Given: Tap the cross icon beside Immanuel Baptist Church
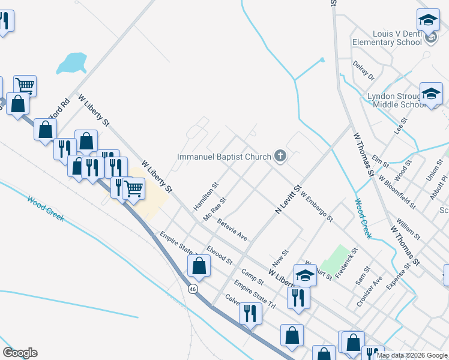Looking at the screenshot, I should coord(280,157).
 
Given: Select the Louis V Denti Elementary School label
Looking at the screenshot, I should coord(387,38).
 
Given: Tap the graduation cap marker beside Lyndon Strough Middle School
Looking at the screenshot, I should coord(431,94).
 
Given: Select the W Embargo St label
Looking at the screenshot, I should coord(316,206).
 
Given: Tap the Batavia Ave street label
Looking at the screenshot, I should coord(232,229).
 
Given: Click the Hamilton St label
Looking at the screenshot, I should coord(204,197).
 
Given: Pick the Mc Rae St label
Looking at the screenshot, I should coord(214,209).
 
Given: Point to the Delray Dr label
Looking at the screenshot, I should coord(363,71).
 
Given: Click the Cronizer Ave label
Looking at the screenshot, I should coord(369,292).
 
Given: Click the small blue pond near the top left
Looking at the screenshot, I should coord(72,62).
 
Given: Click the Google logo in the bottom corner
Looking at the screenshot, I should coord(20,353).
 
